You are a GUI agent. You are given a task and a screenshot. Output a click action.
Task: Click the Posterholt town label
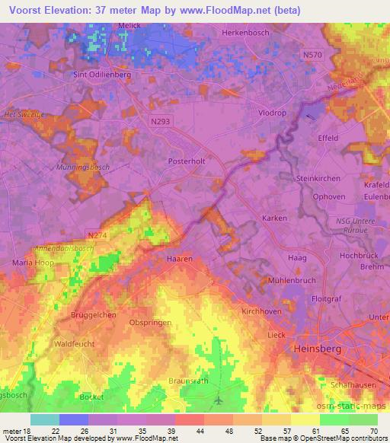(x=187, y=161)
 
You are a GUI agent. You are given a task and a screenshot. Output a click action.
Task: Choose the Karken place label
(x=274, y=218)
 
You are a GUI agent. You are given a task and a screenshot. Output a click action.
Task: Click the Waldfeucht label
(x=75, y=344)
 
